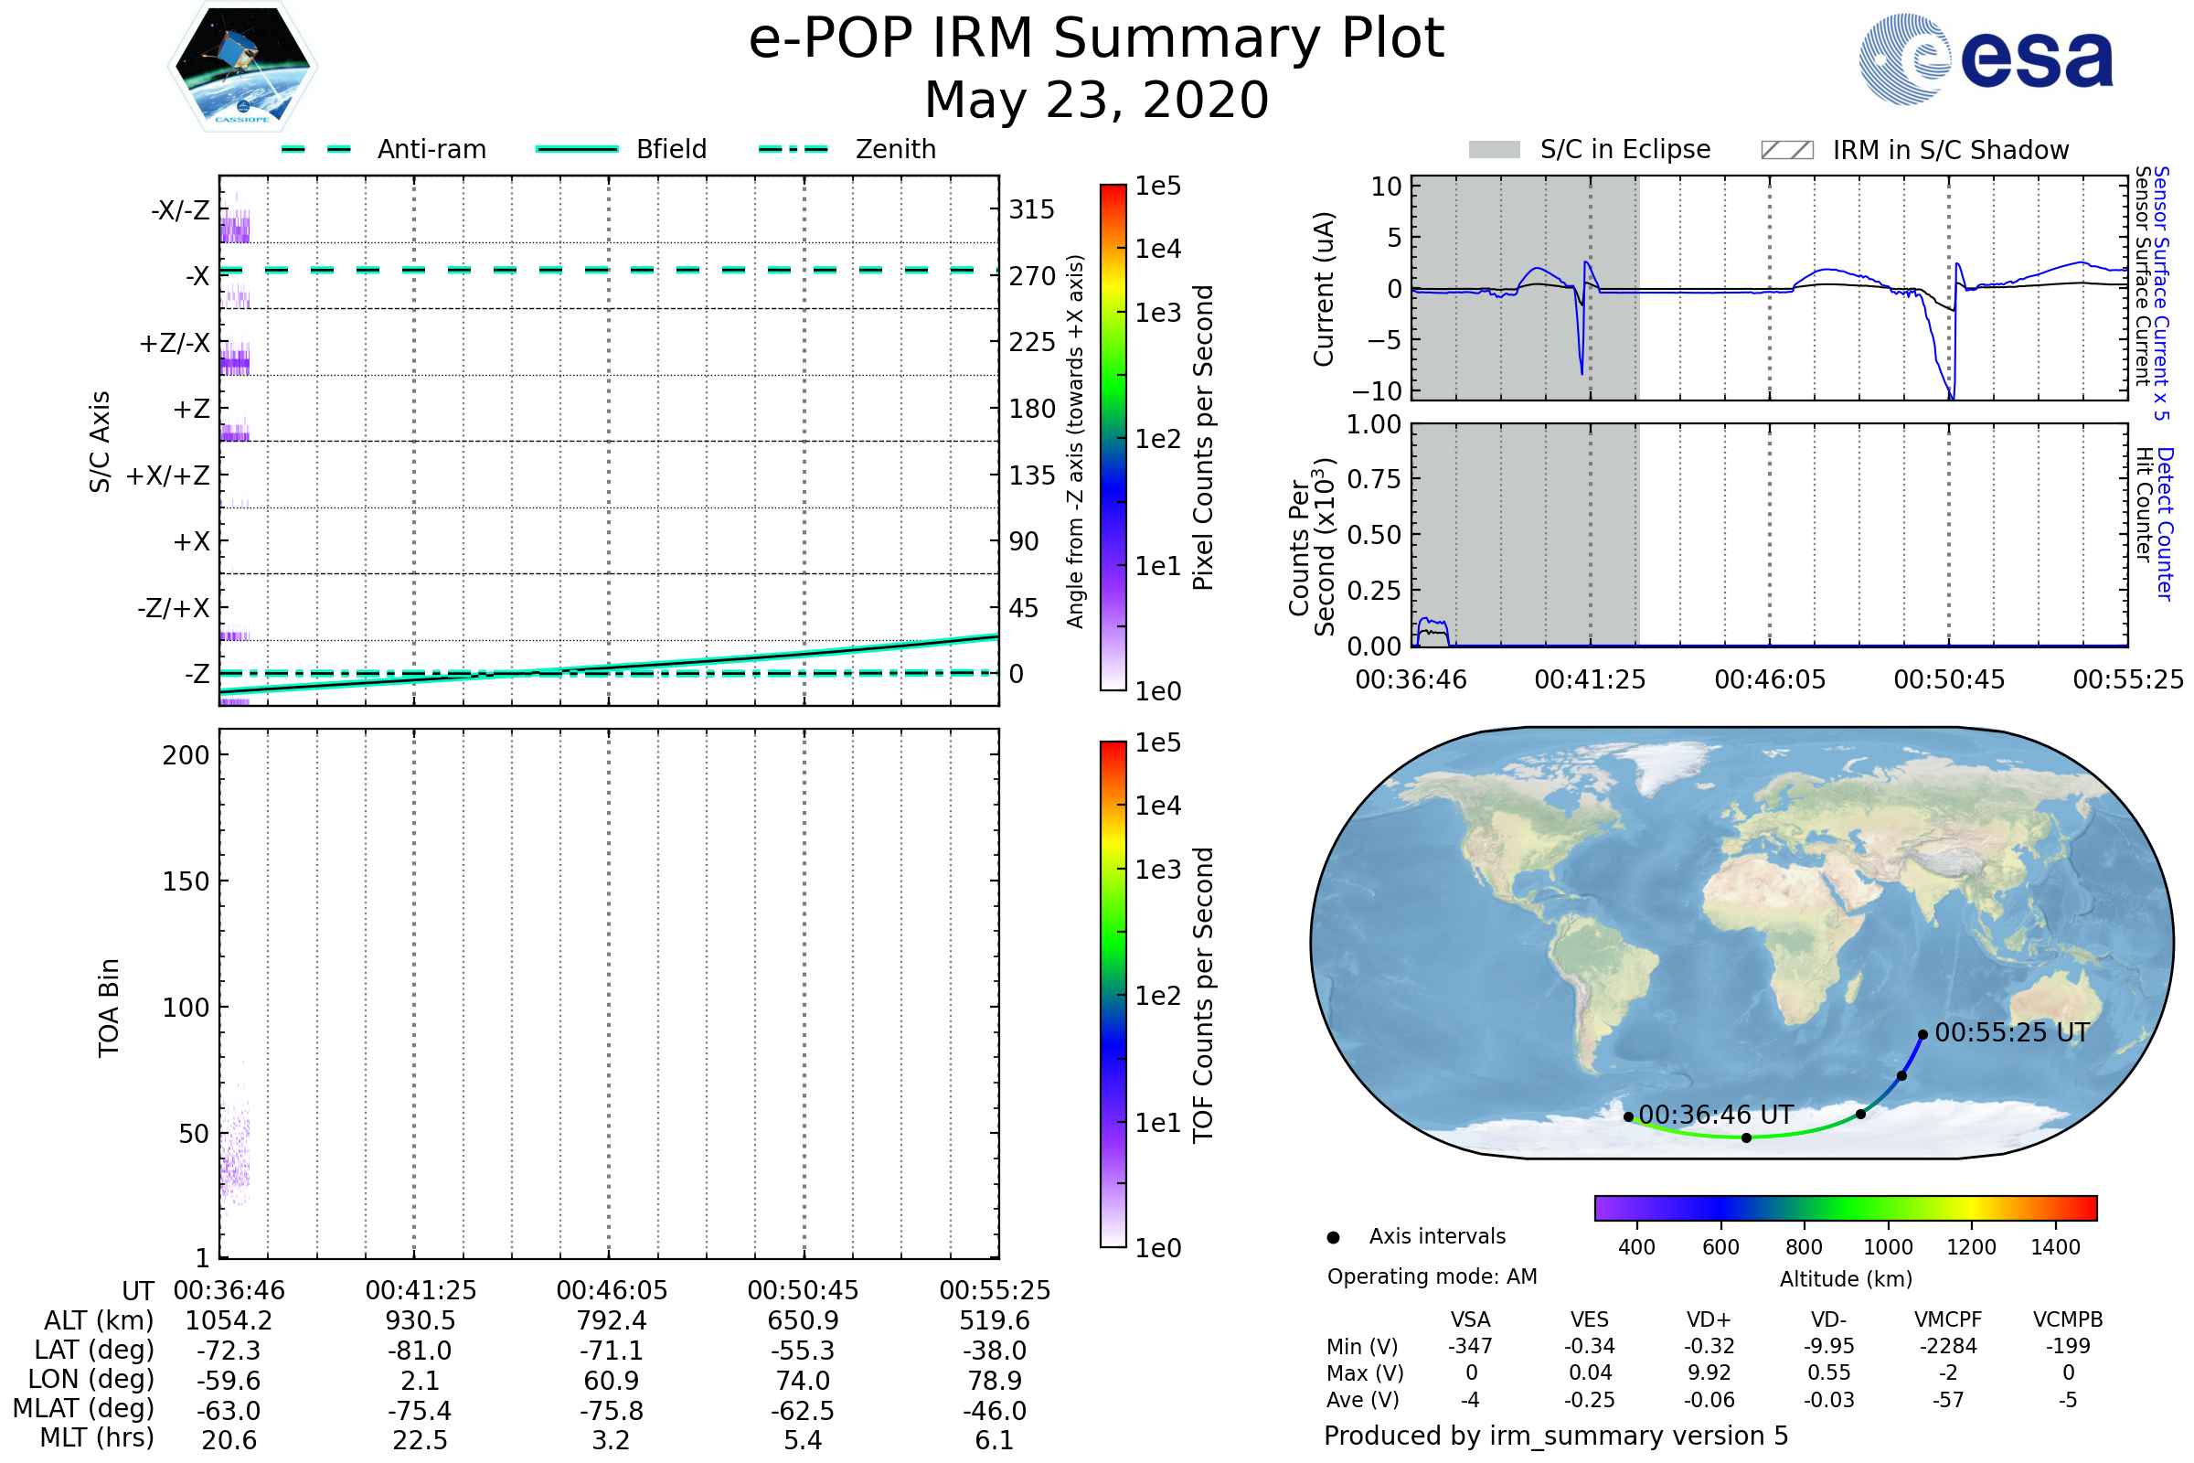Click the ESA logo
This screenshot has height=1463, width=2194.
point(1986,59)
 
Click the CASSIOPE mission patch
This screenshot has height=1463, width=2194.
point(242,66)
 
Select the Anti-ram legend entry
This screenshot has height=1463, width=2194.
point(383,149)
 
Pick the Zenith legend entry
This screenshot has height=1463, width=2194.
point(847,149)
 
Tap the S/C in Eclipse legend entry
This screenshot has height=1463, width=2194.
point(1589,149)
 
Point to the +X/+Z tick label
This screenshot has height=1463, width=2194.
point(168,475)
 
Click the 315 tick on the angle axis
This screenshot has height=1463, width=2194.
point(1032,209)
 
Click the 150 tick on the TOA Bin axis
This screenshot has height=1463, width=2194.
point(186,881)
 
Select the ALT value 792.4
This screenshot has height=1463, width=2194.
point(612,1321)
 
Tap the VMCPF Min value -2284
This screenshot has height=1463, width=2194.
point(1948,1346)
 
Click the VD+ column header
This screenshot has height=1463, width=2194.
point(1709,1320)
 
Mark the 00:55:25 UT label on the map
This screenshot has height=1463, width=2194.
point(2012,1033)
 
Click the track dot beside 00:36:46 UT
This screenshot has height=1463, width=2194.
point(1628,1116)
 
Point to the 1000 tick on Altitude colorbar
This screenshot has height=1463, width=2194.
point(1888,1247)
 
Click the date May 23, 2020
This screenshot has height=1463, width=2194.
point(1097,100)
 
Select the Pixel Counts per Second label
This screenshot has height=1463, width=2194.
point(1203,438)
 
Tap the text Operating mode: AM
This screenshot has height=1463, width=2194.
point(1432,1276)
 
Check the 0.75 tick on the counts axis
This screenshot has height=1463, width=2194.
point(1374,478)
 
